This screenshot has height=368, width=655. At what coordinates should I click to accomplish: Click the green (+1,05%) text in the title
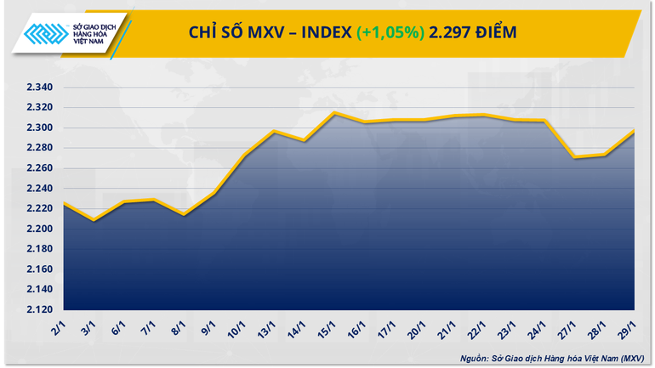(390, 32)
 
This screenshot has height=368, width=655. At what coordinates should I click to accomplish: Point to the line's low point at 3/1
(94, 221)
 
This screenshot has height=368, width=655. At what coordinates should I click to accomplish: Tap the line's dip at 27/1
(576, 157)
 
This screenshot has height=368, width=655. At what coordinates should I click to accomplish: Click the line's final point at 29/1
(635, 131)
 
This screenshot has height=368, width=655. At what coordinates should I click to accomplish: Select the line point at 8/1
(183, 214)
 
